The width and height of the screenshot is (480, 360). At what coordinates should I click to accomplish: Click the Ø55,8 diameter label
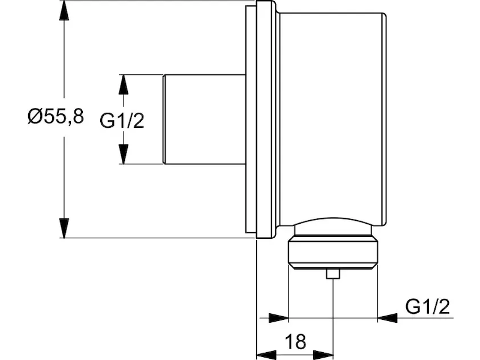55,116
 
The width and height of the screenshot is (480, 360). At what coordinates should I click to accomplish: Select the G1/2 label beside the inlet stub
122,121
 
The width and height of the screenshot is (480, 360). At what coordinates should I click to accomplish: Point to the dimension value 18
295,341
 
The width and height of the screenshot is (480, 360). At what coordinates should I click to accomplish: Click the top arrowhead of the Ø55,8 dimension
64,10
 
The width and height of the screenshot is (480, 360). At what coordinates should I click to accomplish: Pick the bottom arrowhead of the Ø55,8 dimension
64,228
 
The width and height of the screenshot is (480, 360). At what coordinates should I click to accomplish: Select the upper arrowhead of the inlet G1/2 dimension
123,84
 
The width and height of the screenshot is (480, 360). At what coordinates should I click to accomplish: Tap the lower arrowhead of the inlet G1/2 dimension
123,154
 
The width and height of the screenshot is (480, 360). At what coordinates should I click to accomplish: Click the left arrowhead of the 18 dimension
266,355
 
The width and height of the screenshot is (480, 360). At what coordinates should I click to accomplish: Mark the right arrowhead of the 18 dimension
323,355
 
